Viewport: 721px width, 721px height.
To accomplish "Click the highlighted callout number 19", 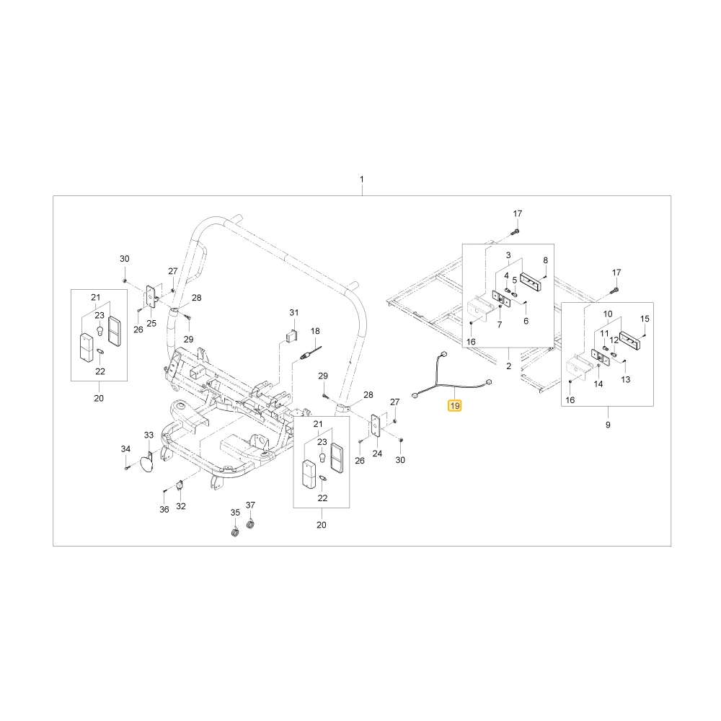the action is [x=455, y=405].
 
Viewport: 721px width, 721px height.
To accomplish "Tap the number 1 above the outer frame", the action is [x=362, y=179].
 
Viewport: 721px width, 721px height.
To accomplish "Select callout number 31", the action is [x=294, y=313].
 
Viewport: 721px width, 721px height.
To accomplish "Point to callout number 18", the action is [x=315, y=331].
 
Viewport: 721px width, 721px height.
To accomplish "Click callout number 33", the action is [x=149, y=435].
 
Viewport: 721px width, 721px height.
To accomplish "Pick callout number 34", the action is [x=125, y=448].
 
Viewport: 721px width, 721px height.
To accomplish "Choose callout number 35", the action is [x=235, y=512].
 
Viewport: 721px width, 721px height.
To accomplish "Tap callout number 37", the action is [x=250, y=505].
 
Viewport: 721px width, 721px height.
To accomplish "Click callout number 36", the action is [x=164, y=510].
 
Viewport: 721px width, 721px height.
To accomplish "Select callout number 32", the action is [x=181, y=506].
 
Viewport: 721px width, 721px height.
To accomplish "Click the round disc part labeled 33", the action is [x=147, y=461].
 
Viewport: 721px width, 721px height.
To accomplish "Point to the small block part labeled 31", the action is [x=291, y=337].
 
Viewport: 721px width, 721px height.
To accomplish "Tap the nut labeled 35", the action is [x=235, y=533].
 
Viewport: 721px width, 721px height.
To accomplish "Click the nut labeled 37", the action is [x=250, y=524].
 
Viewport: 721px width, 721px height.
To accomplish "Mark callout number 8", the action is [x=546, y=260].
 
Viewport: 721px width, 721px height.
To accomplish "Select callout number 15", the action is [x=645, y=319].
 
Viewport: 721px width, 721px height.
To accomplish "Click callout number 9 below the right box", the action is [x=608, y=425].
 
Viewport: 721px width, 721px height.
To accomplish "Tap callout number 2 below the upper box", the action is [x=508, y=366].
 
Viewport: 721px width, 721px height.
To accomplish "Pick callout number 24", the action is [x=377, y=454].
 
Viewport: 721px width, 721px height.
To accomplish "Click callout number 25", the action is [x=151, y=323].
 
